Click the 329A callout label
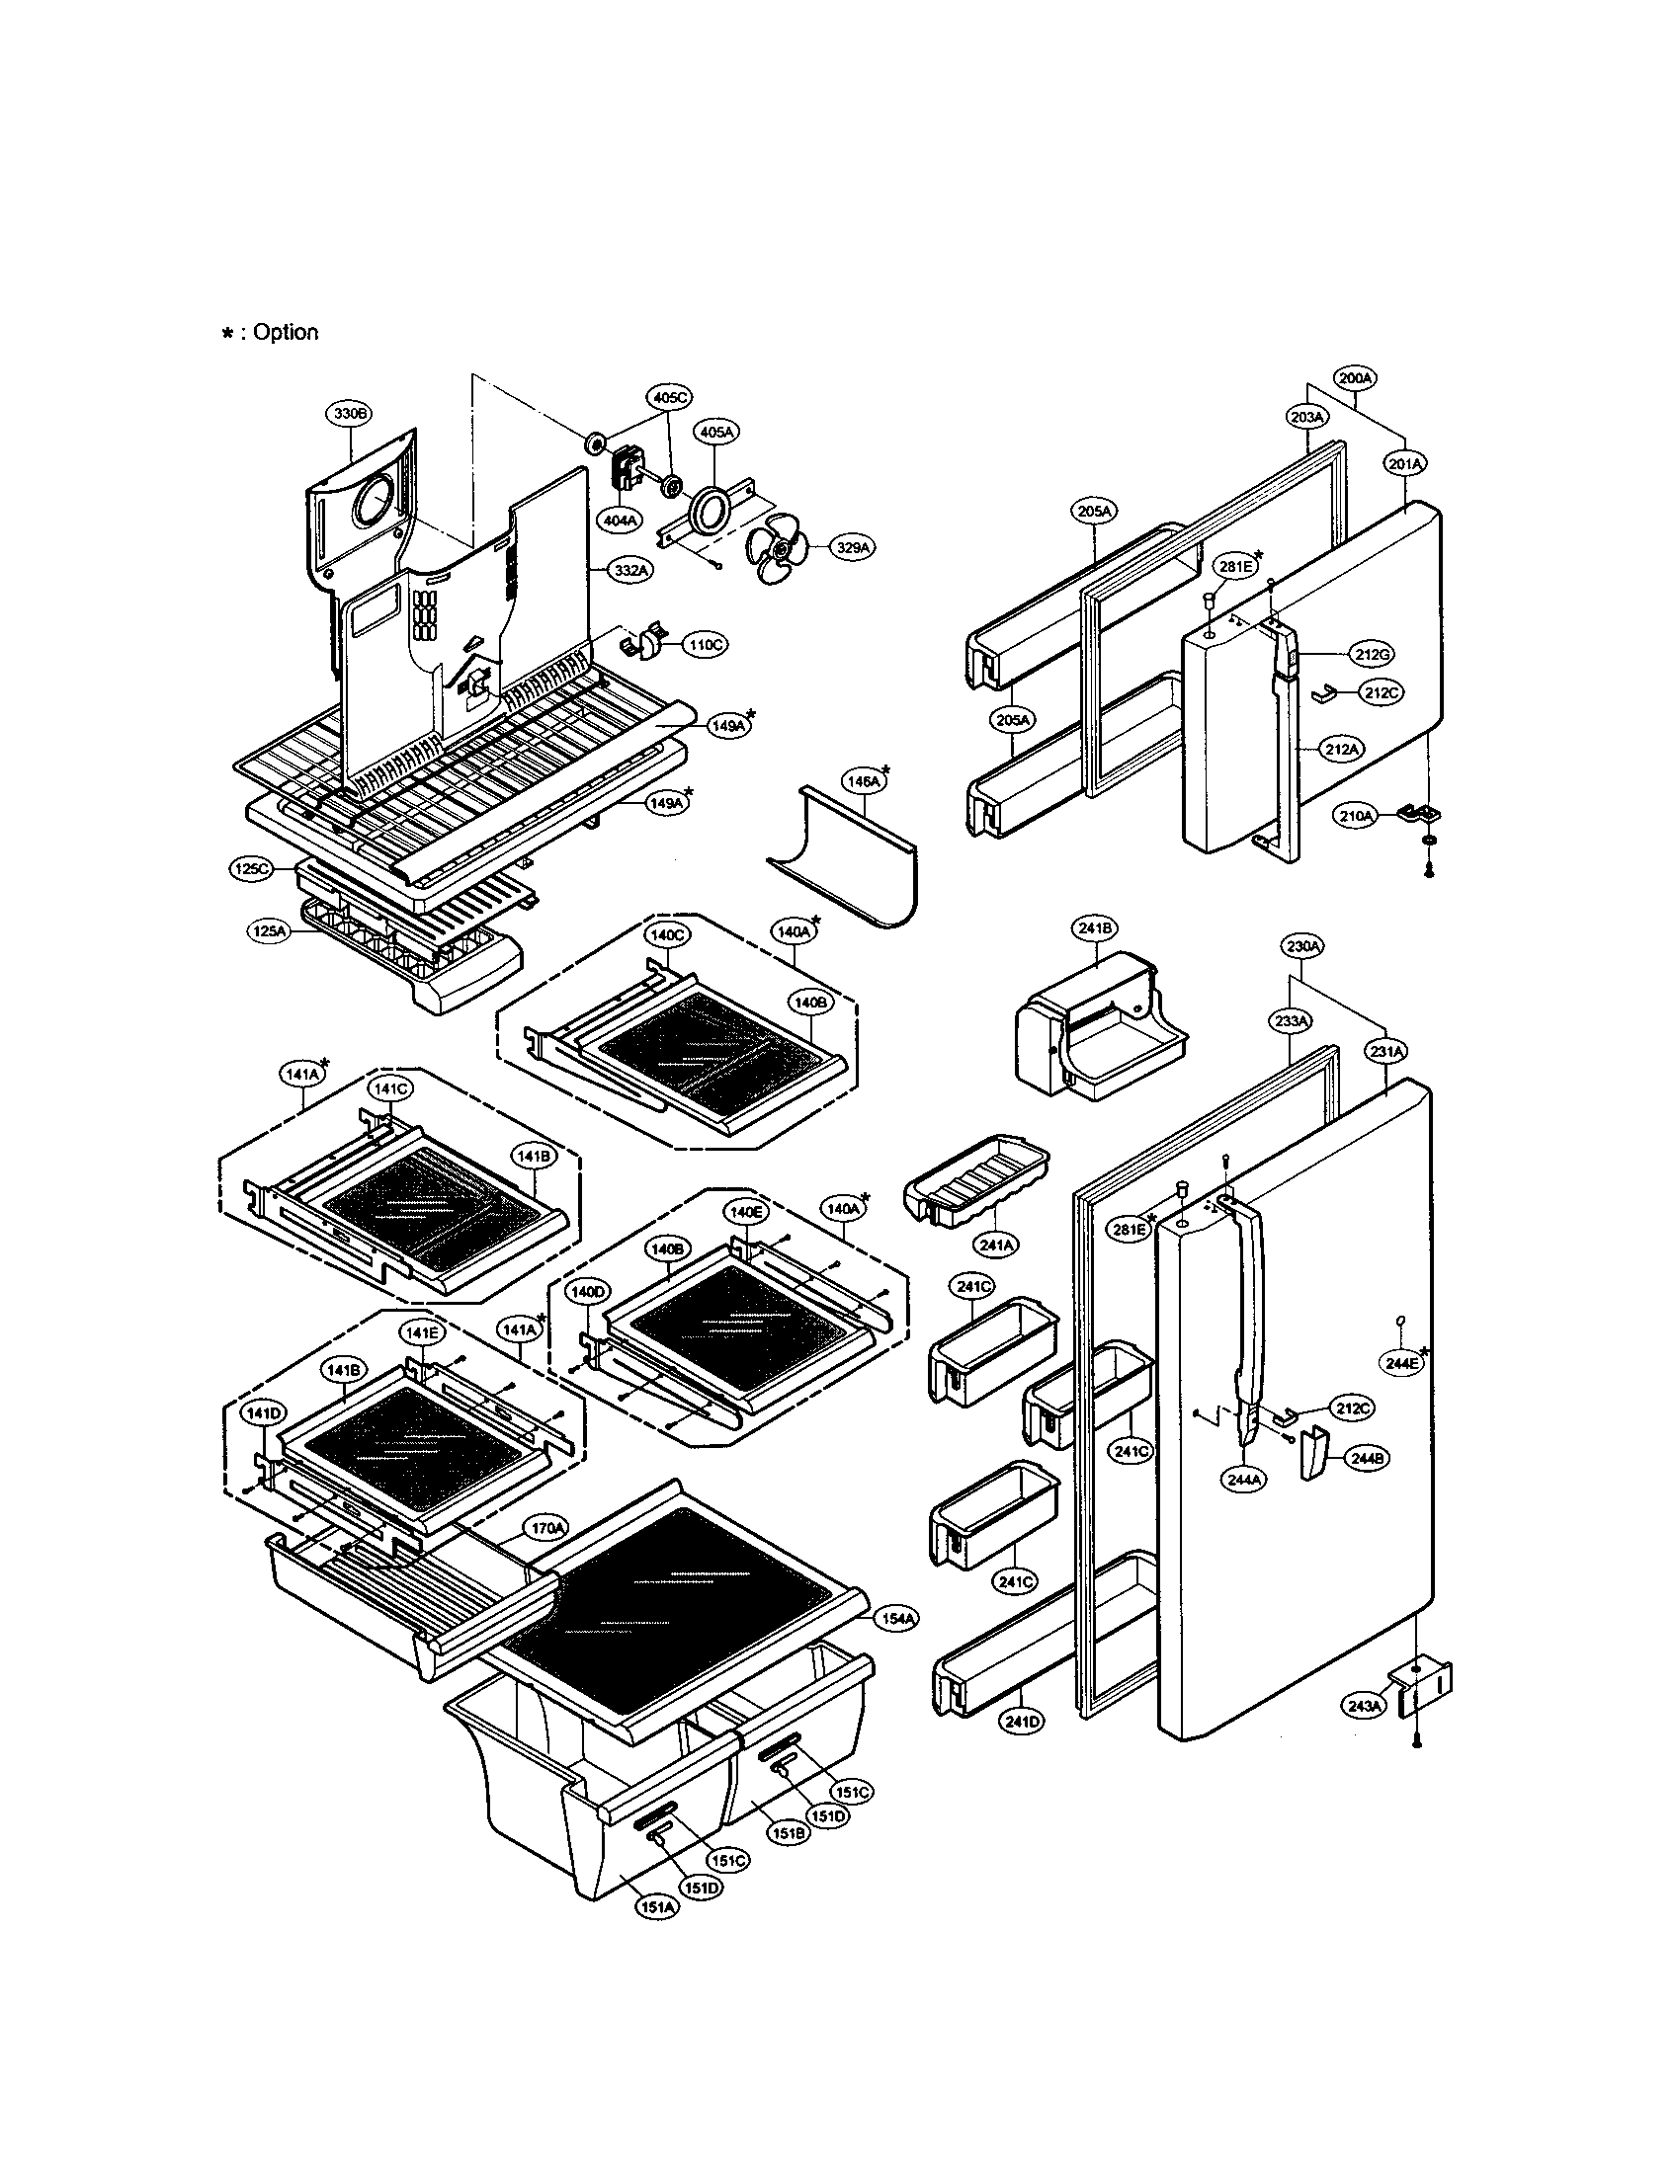coord(855,547)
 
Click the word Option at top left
coord(285,332)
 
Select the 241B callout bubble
coord(1094,928)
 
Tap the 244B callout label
coord(1369,1459)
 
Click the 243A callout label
coord(1365,1707)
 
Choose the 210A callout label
coord(1356,816)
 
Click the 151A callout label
coord(658,1908)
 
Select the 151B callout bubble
coord(788,1831)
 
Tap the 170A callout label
coord(546,1528)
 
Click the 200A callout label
coord(1355,379)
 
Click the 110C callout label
coord(705,645)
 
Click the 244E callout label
coord(1402,1364)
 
